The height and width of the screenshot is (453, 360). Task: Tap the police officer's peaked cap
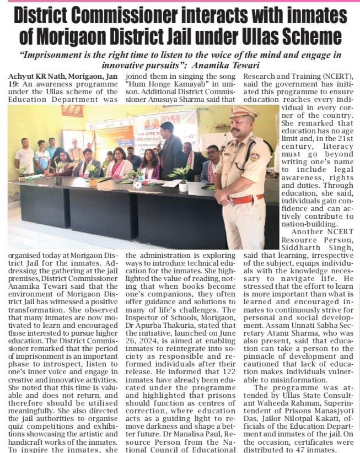tap(244, 111)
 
